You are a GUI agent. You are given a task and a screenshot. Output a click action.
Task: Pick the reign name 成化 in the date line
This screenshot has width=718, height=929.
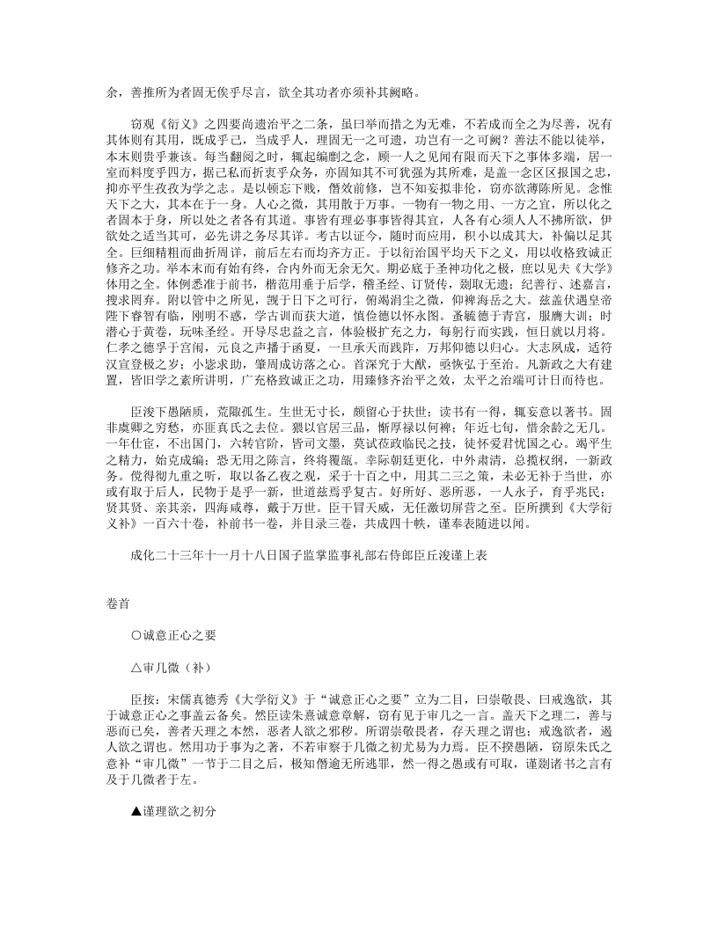139,557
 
